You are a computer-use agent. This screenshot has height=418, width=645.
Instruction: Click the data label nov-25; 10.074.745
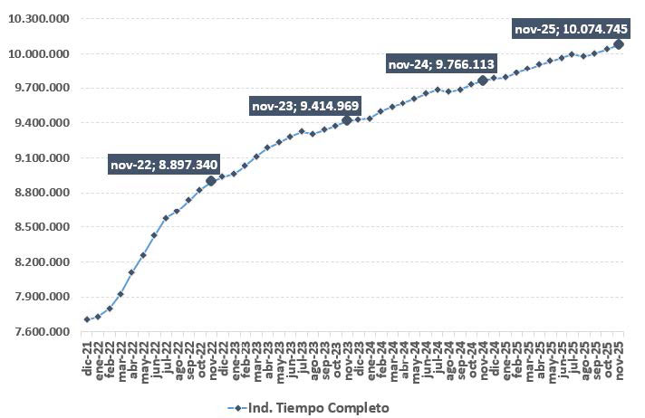571,29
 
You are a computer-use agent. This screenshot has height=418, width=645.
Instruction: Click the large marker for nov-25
619,43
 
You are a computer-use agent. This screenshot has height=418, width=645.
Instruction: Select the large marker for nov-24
483,81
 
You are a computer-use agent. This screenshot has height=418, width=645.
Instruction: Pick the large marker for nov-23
347,120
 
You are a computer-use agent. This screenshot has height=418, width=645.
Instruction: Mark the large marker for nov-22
211,180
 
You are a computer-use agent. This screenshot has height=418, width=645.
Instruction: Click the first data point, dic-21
87,319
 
